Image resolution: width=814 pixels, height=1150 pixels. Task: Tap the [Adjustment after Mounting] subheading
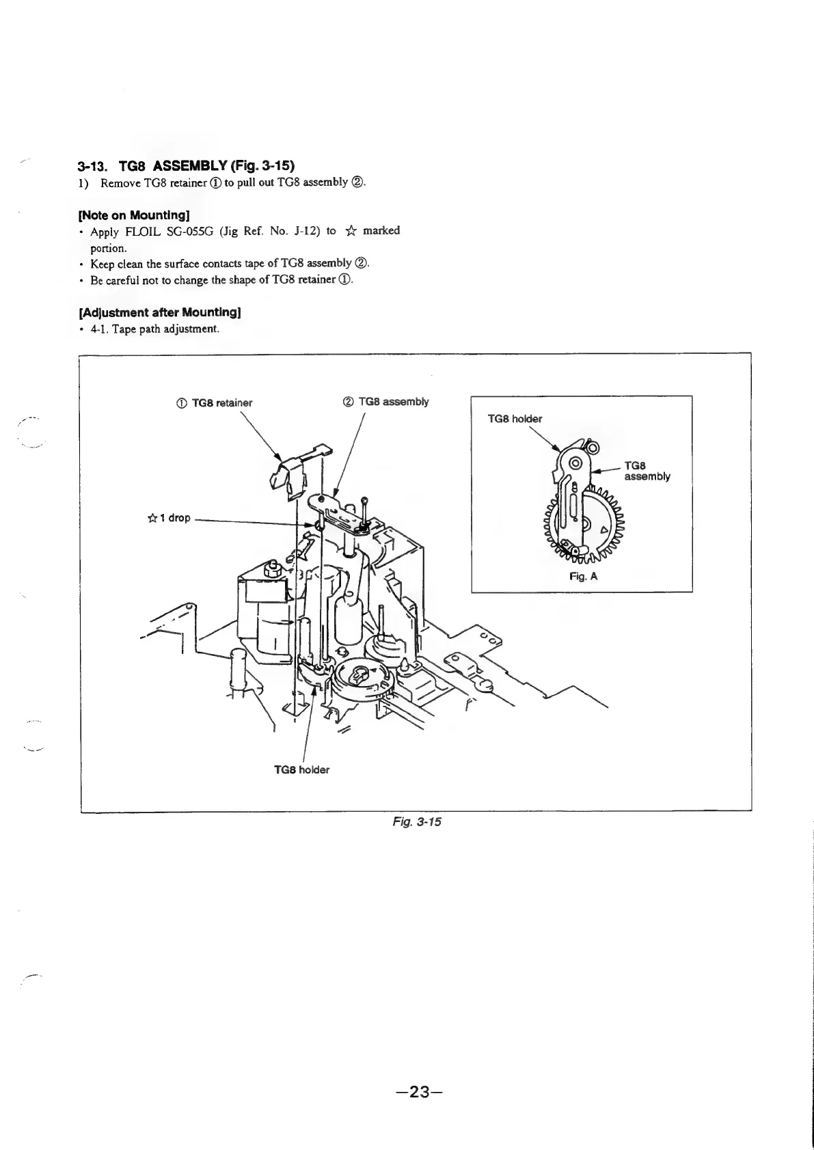(x=160, y=312)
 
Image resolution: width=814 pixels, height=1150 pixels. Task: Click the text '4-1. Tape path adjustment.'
(x=154, y=329)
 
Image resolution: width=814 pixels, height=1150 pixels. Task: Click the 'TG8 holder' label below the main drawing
(x=301, y=769)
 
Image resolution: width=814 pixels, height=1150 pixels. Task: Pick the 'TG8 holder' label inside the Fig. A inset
(x=514, y=419)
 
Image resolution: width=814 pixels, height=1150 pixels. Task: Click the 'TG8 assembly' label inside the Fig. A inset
(x=647, y=471)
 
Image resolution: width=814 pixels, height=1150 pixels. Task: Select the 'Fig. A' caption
(x=584, y=576)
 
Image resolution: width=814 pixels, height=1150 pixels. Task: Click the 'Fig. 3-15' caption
(x=417, y=821)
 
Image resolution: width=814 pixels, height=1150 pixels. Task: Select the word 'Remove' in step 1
(x=121, y=183)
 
